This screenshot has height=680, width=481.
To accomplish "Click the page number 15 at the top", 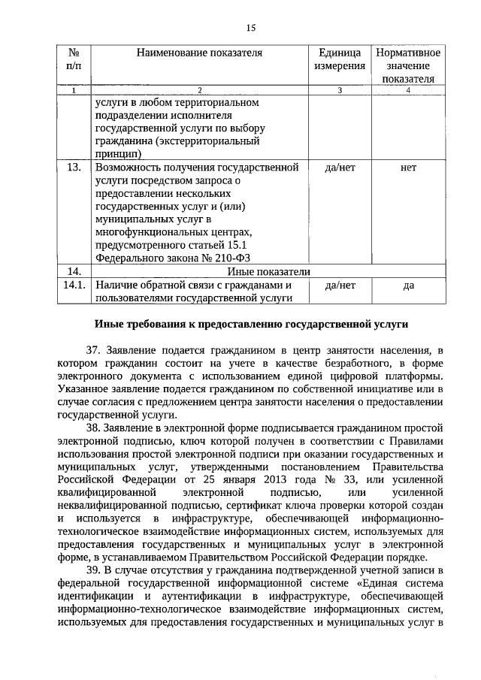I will tap(251, 28).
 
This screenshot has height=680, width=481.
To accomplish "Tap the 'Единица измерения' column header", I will tap(339, 59).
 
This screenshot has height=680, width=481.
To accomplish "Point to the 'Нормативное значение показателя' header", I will tap(408, 65).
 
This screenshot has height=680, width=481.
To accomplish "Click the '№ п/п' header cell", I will tap(74, 59).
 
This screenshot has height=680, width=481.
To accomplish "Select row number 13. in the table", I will tap(74, 167).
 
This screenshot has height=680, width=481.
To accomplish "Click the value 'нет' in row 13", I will tap(408, 167).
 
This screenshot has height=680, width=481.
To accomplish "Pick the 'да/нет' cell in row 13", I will tap(339, 167).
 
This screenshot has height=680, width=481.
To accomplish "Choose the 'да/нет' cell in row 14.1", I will tap(339, 286).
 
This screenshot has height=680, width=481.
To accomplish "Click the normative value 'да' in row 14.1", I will tap(408, 286).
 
